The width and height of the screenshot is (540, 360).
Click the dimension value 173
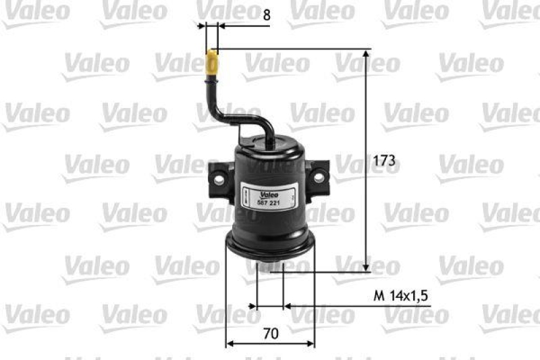tap(384, 161)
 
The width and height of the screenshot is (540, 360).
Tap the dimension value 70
tap(271, 333)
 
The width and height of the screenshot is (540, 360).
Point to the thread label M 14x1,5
tap(402, 296)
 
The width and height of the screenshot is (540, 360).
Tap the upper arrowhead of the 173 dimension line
tap(367, 54)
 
